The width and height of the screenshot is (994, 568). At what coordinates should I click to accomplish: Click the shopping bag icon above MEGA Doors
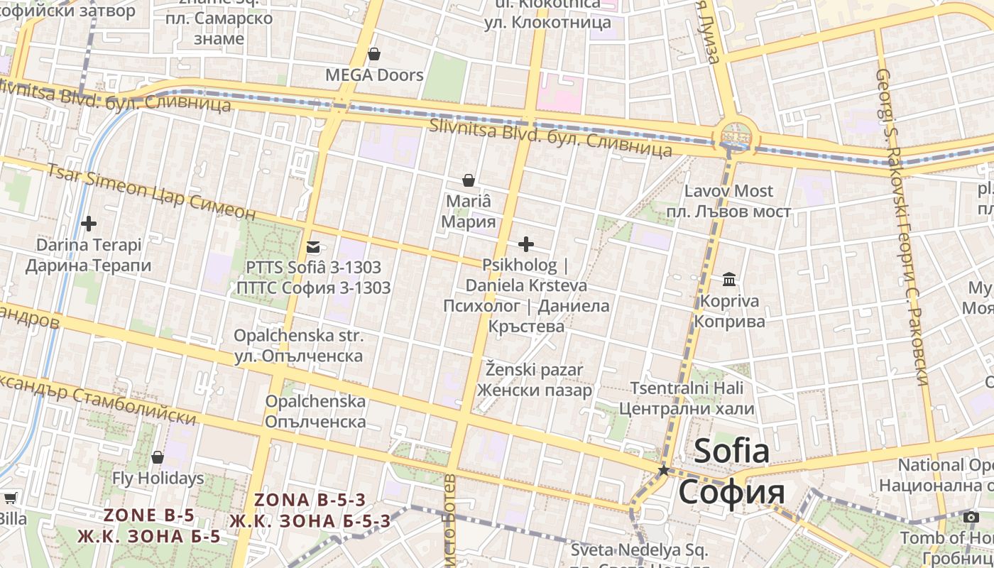[x=374, y=54]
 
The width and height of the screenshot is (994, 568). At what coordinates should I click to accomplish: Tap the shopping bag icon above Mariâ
[x=468, y=180]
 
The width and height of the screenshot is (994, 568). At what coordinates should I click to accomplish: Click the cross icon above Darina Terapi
[x=89, y=224]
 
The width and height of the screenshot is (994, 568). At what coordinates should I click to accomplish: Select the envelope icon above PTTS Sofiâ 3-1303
[x=312, y=247]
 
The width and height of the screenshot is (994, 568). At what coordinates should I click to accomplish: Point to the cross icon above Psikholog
[x=525, y=245]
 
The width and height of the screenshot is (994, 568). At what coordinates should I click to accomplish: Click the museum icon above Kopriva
[x=729, y=280]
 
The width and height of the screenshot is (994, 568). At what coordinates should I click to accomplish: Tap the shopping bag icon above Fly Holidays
[x=158, y=457]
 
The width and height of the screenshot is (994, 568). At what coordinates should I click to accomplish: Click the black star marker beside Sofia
[x=663, y=470]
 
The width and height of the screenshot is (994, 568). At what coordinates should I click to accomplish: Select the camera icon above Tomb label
[x=971, y=517]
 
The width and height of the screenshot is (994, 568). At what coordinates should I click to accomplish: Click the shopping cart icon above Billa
[x=10, y=498]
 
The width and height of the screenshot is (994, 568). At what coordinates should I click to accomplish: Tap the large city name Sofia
[x=731, y=452]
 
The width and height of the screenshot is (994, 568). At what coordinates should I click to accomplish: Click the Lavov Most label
[x=728, y=191]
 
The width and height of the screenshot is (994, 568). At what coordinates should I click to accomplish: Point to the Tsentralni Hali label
[x=687, y=388]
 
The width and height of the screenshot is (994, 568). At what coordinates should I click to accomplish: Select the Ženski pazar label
[x=535, y=370]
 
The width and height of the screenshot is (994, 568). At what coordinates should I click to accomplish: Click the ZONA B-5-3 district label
[x=310, y=500]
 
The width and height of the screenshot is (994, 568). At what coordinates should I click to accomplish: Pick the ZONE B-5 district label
[x=149, y=515]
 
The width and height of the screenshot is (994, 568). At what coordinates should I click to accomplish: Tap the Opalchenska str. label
[x=298, y=336]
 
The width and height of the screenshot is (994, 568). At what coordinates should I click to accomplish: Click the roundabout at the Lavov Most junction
[x=735, y=135]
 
